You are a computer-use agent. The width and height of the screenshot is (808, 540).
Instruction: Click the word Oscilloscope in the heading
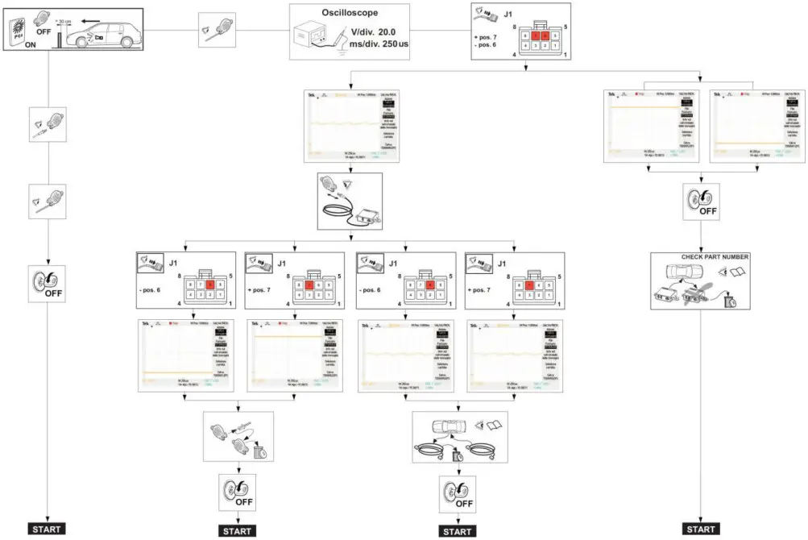coord(349,13)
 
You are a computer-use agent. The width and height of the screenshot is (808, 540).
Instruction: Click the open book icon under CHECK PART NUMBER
coord(736,275)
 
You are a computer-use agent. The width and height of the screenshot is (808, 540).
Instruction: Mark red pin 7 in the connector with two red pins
coord(532,35)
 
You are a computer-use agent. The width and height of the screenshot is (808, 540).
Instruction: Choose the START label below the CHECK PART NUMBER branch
coord(701,529)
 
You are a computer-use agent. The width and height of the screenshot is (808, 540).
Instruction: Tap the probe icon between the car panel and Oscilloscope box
coord(217,31)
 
